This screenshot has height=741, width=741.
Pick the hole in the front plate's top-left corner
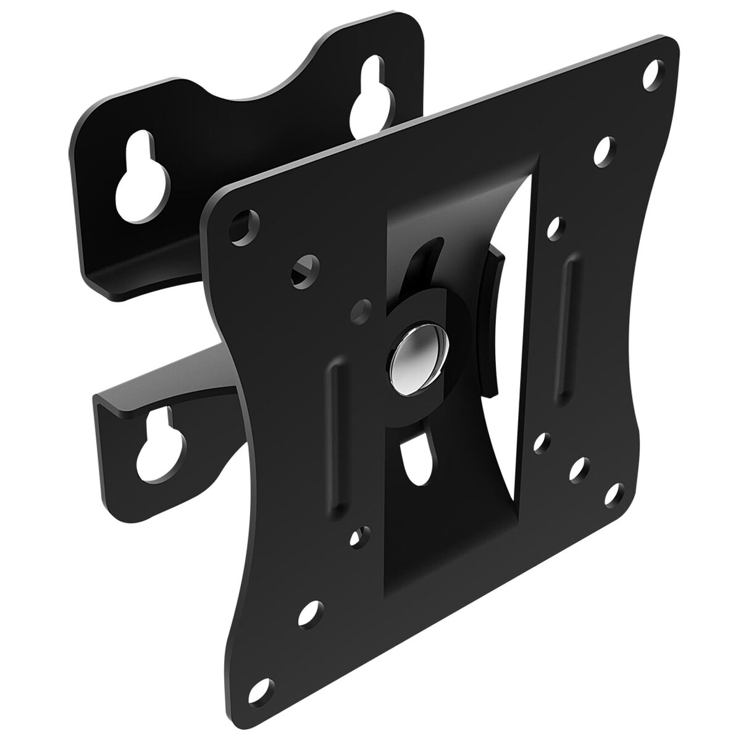243,222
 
